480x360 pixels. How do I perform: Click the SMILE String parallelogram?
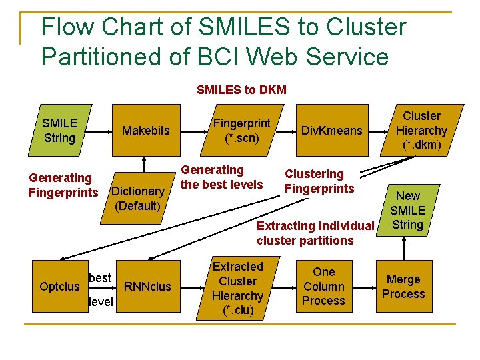tap(59, 131)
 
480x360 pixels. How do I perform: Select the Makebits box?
tap(145, 131)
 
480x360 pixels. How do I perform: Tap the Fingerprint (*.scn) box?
tap(241, 131)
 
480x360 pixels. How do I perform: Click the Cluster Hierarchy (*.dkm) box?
tap(421, 131)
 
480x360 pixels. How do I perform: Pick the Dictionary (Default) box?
tap(137, 198)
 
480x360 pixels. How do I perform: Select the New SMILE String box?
tap(408, 210)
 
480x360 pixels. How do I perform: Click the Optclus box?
tap(59, 286)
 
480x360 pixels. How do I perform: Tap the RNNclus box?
tap(148, 286)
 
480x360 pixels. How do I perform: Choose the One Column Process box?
tap(323, 286)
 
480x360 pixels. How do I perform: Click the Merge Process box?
tap(403, 287)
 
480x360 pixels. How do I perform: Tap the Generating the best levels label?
tap(222, 177)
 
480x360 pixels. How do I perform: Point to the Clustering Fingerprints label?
tap(319, 181)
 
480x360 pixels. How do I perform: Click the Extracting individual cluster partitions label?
tap(315, 233)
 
